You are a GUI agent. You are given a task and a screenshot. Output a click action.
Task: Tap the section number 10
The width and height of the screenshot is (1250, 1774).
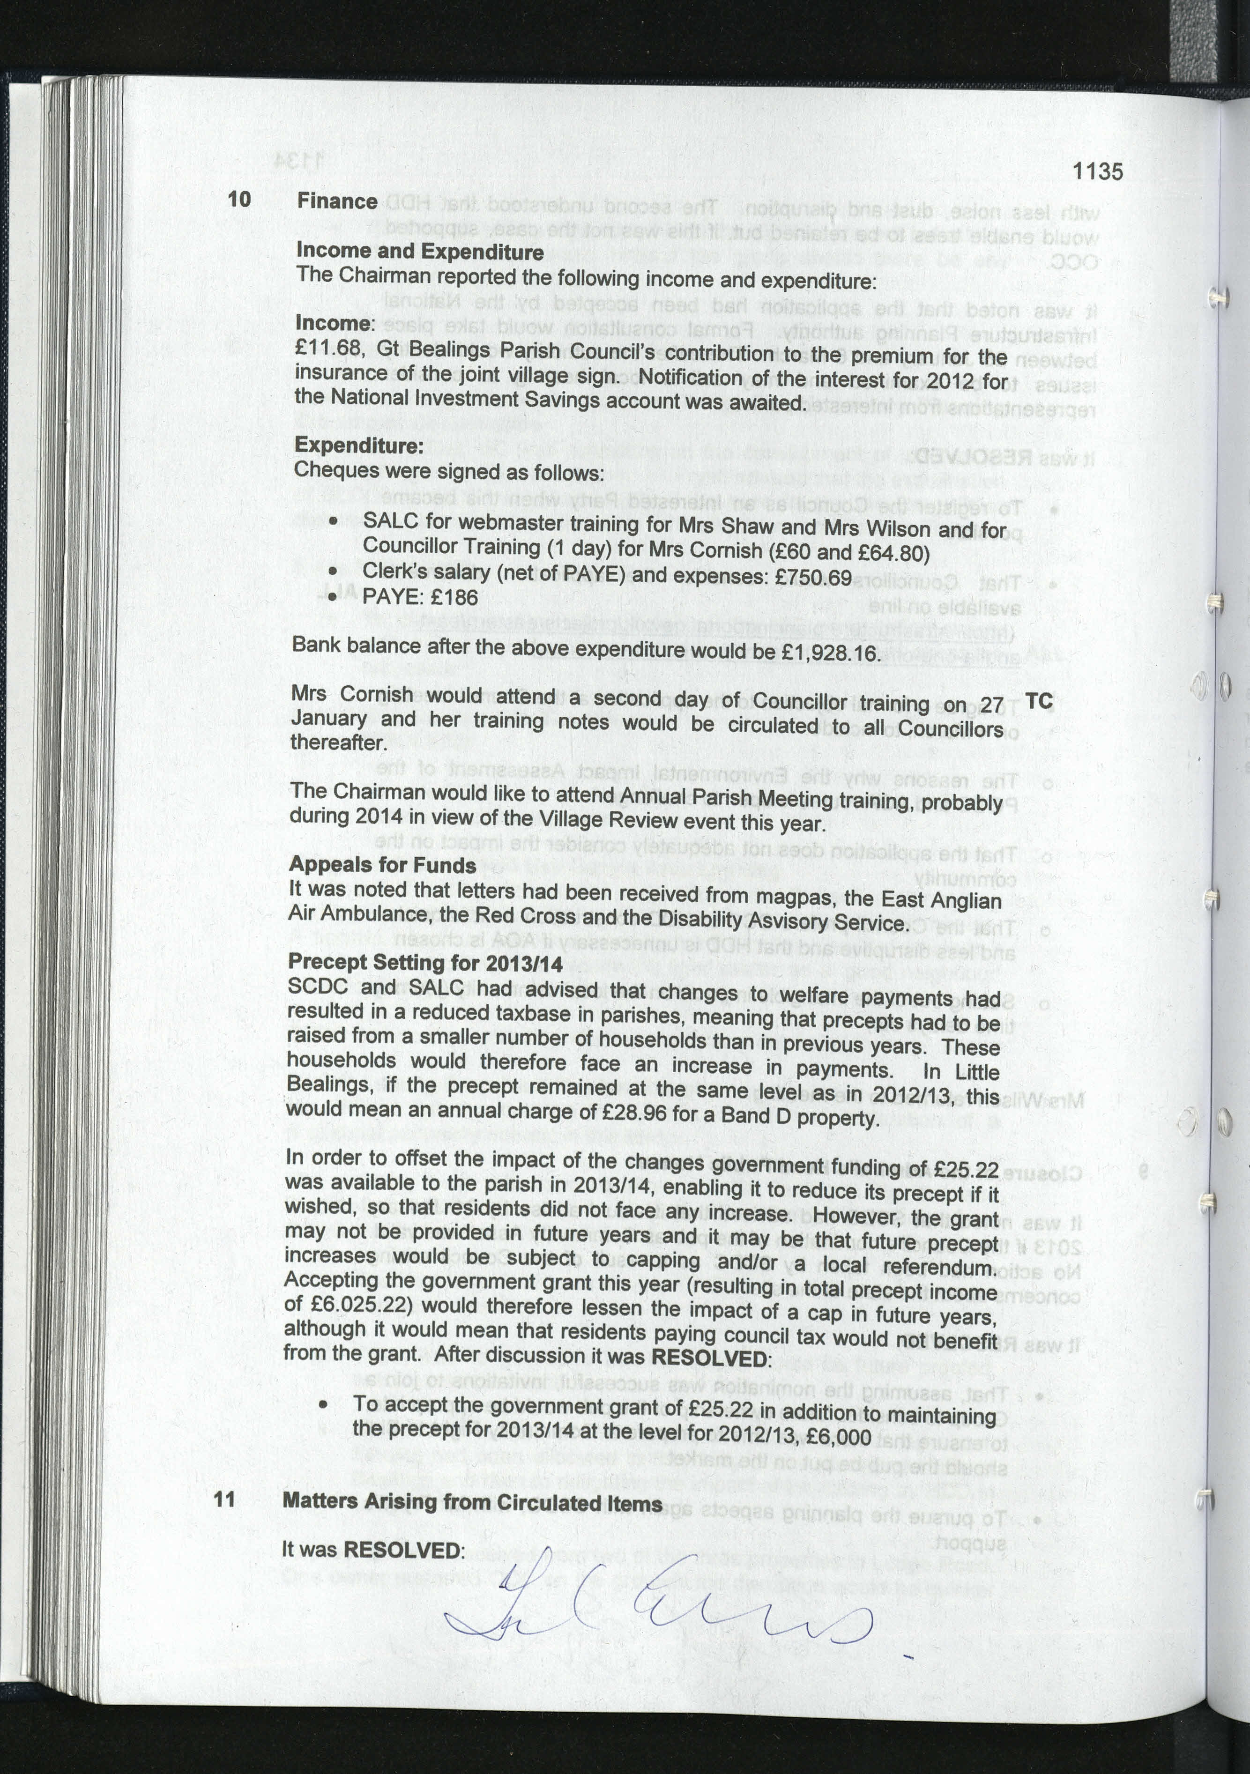click(239, 200)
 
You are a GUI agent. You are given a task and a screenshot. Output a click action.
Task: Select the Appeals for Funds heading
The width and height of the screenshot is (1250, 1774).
click(382, 865)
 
